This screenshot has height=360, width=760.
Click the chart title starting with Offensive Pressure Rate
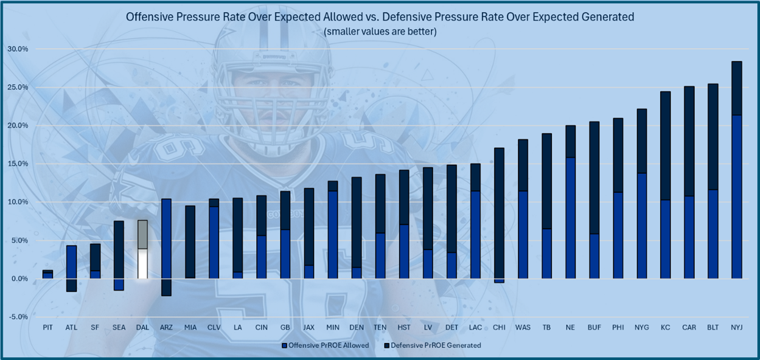coord(380,17)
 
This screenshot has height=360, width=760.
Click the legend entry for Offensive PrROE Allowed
coord(325,345)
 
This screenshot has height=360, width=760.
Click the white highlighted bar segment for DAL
coord(142,263)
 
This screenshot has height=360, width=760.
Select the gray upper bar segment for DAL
coord(142,235)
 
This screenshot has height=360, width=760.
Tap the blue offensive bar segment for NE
coord(570,218)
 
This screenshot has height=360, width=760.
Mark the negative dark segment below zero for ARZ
coord(166,287)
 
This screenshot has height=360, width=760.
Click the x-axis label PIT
coord(47,327)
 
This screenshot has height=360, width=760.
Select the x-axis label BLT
coord(713,327)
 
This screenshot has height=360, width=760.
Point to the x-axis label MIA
coord(190,327)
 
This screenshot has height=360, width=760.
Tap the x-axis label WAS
coord(523,327)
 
